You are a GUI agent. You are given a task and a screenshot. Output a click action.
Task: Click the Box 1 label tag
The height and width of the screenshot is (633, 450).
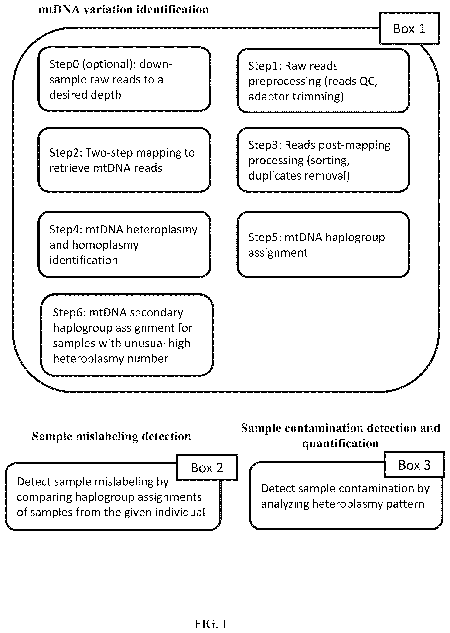(409, 28)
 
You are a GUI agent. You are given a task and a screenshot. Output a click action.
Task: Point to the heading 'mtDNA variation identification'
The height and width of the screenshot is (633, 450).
(124, 10)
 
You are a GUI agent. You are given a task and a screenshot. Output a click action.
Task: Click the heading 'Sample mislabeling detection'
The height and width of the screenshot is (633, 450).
(111, 436)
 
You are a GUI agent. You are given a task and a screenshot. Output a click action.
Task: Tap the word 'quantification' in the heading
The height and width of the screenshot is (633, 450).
(340, 443)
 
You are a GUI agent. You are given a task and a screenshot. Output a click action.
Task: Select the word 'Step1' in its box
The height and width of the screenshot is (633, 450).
(265, 66)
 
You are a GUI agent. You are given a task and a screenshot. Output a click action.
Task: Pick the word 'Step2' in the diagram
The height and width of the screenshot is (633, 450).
(66, 153)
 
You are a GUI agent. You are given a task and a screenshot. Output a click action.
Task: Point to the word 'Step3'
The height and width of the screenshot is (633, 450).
(265, 145)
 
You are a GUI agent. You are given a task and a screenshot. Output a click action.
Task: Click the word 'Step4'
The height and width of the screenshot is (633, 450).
(66, 230)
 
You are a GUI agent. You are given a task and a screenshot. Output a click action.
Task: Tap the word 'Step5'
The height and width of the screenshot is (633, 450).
(265, 237)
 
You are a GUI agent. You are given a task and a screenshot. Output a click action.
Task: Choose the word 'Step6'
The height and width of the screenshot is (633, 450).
(69, 313)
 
